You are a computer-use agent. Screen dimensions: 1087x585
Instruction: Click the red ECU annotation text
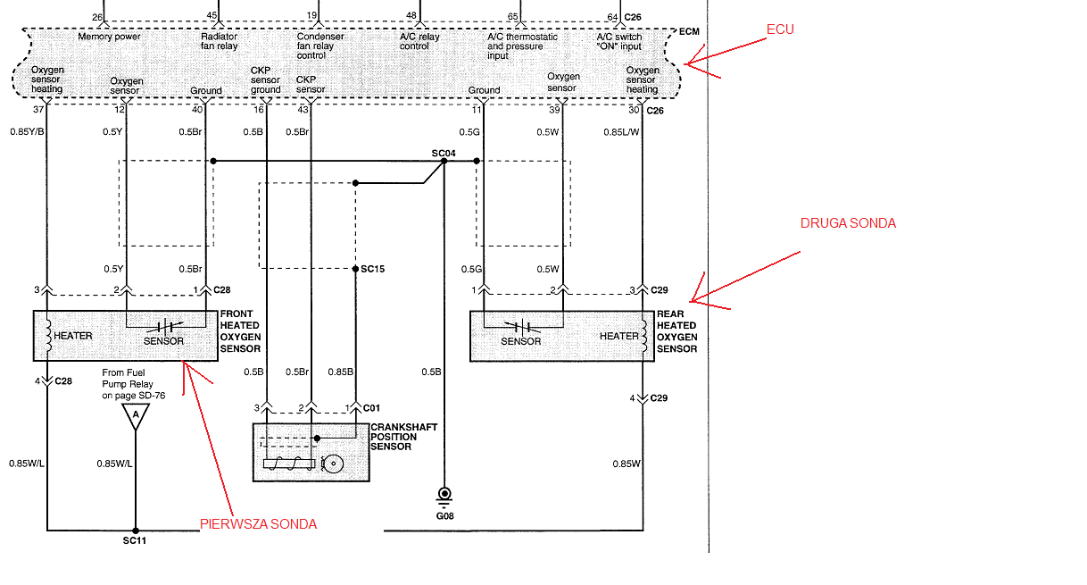click(780, 29)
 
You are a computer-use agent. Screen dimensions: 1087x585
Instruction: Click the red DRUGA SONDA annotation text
click(848, 223)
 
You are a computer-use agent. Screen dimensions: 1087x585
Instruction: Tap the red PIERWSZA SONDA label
click(258, 524)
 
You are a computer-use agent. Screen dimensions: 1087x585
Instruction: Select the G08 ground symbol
click(444, 497)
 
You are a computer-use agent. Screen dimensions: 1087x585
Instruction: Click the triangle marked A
click(136, 416)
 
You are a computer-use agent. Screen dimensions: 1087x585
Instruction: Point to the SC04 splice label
click(444, 154)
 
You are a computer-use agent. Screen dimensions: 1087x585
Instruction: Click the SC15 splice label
click(372, 269)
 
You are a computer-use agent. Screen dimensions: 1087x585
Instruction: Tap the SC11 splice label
click(135, 541)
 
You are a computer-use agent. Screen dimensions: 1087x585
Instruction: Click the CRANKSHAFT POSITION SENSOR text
click(403, 437)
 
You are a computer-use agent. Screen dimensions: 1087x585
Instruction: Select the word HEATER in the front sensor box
click(73, 336)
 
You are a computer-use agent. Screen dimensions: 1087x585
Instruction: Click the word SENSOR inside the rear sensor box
click(520, 341)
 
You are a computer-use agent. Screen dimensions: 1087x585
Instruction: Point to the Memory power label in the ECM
click(109, 37)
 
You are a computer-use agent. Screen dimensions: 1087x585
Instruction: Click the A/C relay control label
click(419, 41)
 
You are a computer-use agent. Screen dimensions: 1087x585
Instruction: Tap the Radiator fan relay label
click(220, 41)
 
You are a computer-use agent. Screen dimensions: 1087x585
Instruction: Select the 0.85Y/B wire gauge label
click(27, 132)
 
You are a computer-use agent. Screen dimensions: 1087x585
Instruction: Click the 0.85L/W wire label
click(622, 132)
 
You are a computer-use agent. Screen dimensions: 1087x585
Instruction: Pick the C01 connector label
click(371, 408)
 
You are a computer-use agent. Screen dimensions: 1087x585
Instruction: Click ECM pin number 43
click(303, 110)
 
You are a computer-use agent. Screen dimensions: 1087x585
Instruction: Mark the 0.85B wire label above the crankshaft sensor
click(341, 372)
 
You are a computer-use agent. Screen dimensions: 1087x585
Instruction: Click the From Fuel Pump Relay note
click(134, 384)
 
